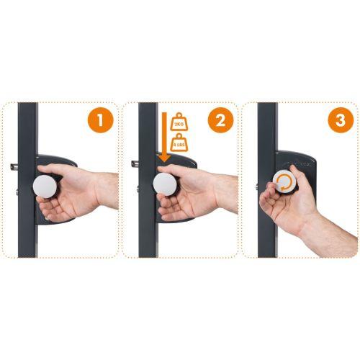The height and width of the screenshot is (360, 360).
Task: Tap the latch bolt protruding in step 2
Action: [x=135, y=166]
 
